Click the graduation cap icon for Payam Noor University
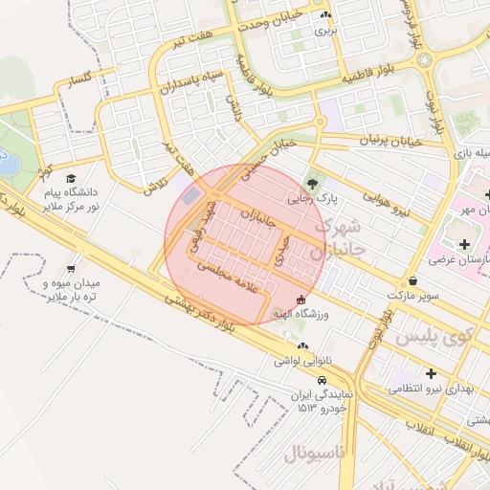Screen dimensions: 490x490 click(71, 178)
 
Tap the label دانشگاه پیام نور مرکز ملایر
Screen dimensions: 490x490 click(71, 200)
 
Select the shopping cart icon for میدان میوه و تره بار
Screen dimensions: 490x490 click(71, 269)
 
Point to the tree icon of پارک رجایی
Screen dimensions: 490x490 click(312, 183)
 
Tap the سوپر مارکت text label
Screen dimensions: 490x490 click(413, 297)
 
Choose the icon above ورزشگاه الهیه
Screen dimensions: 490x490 click(302, 299)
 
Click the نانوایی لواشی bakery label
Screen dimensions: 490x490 click(302, 361)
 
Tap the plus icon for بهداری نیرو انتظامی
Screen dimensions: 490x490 click(431, 373)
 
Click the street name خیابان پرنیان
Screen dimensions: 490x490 click(390, 141)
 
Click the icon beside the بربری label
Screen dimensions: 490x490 click(326, 15)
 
